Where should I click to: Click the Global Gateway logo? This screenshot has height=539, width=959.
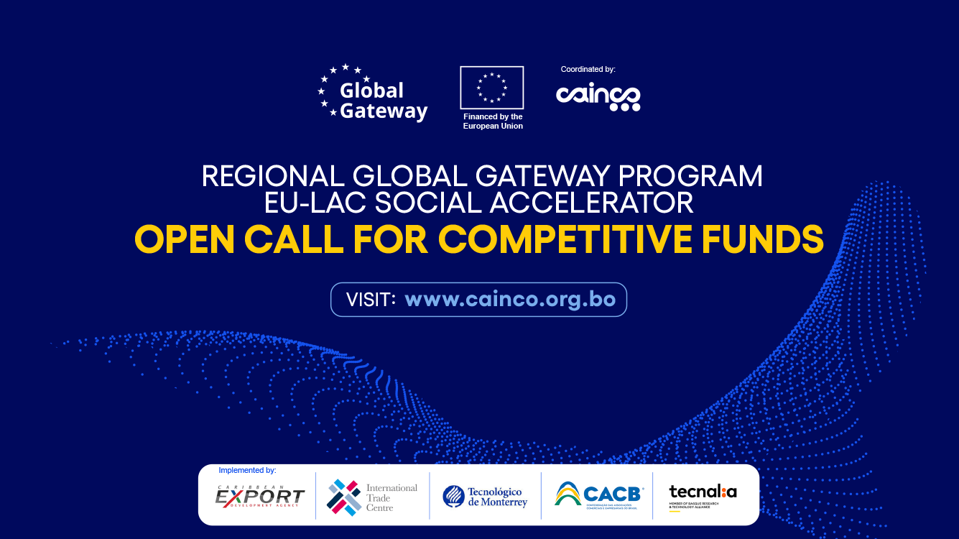[x=373, y=93]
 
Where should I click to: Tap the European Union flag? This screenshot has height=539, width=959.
[x=492, y=88]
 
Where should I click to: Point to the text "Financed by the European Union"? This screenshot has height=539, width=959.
[x=493, y=121]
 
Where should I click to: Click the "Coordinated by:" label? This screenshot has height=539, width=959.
[x=588, y=70]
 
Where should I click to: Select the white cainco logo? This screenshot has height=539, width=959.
[x=598, y=97]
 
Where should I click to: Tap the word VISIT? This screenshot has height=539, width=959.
[x=371, y=300]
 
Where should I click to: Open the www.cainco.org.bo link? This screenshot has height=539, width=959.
[x=510, y=300]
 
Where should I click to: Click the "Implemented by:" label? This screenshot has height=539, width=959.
[x=247, y=471]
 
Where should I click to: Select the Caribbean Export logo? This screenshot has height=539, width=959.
[x=260, y=497]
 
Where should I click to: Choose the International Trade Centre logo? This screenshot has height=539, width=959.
[x=372, y=497]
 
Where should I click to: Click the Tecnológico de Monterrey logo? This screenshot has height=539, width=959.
[x=485, y=497]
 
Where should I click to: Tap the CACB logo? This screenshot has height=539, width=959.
[x=598, y=495]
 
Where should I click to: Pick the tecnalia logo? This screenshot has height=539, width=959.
[x=703, y=494]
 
